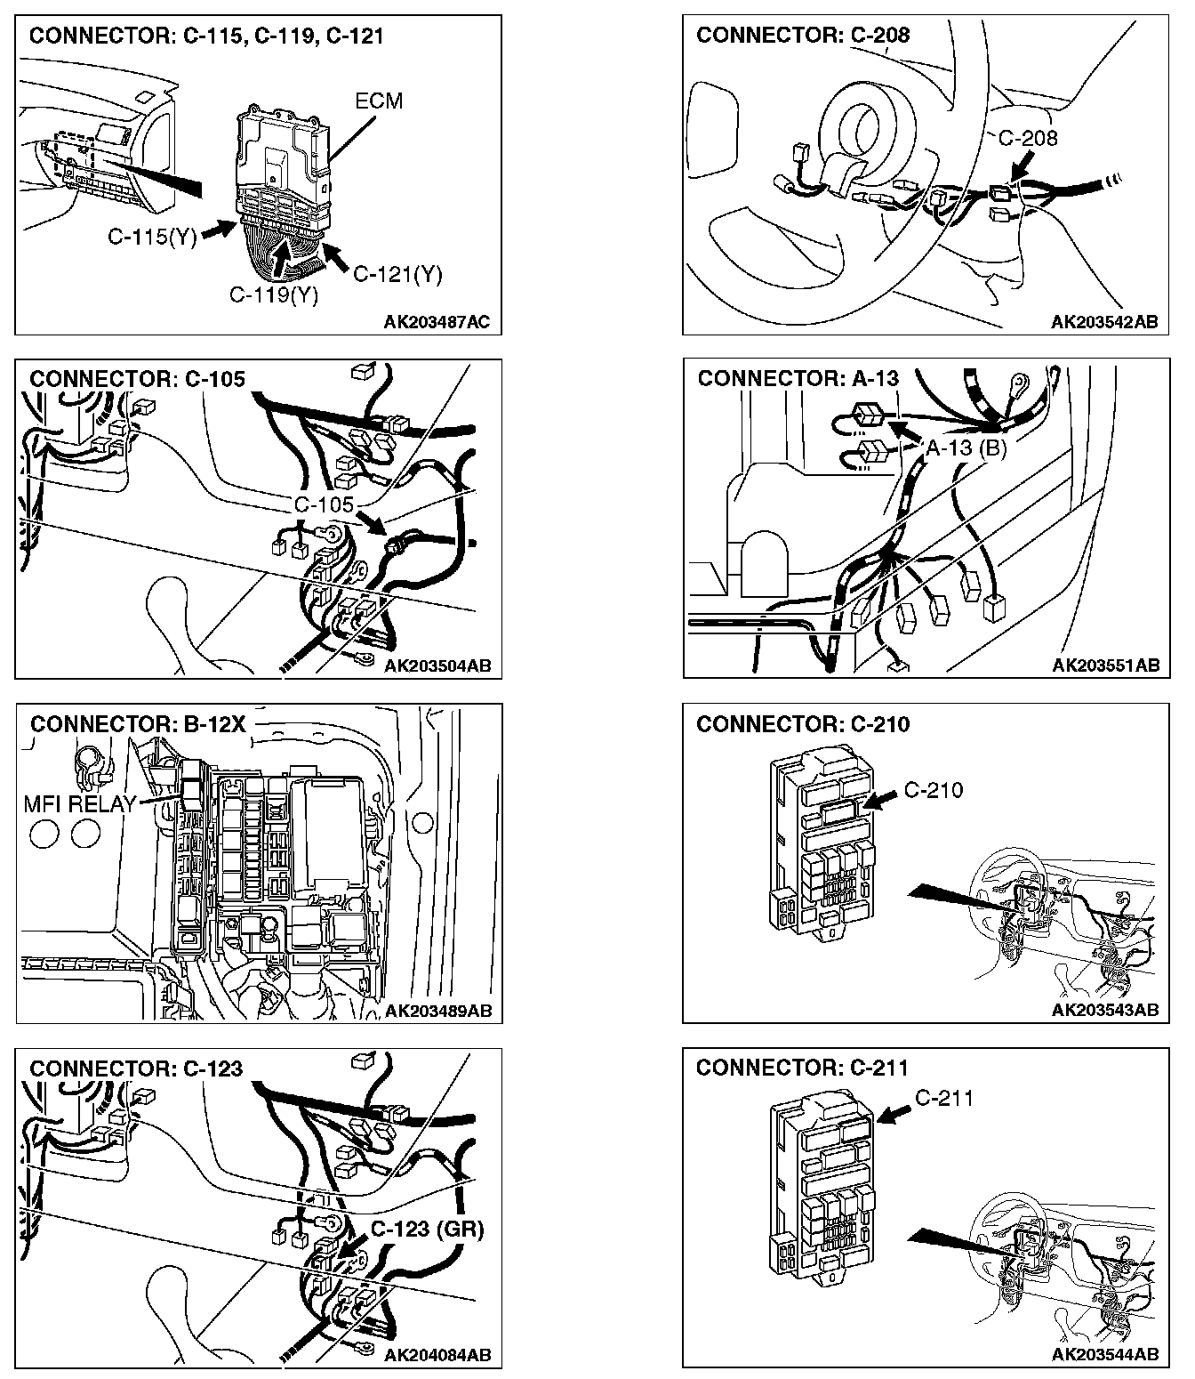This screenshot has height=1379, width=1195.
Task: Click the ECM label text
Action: point(379,101)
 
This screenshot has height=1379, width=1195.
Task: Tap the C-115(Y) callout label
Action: point(152,237)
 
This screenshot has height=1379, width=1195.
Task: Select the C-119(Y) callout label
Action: point(273,294)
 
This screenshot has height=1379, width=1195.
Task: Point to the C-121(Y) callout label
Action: point(397,274)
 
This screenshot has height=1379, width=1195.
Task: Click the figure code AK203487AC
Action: point(437,322)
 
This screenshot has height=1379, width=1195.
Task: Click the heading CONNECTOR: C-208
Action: point(803,36)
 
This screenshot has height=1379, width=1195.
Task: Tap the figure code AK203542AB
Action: point(1104,322)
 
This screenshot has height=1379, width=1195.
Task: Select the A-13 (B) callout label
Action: point(966,448)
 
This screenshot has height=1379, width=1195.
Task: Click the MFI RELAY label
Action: point(79,804)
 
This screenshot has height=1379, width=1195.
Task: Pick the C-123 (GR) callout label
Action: point(427,1230)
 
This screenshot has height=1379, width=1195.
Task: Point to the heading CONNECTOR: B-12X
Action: point(138,724)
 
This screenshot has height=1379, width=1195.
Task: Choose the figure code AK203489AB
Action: point(437,1011)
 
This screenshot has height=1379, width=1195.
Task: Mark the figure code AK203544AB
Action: point(1104,1355)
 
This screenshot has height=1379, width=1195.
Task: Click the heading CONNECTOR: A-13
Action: point(798,379)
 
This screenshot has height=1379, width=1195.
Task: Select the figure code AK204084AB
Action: point(437,1355)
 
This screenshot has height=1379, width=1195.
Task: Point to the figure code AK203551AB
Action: point(1105,665)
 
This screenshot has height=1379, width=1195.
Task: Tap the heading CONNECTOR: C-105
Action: point(137,379)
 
